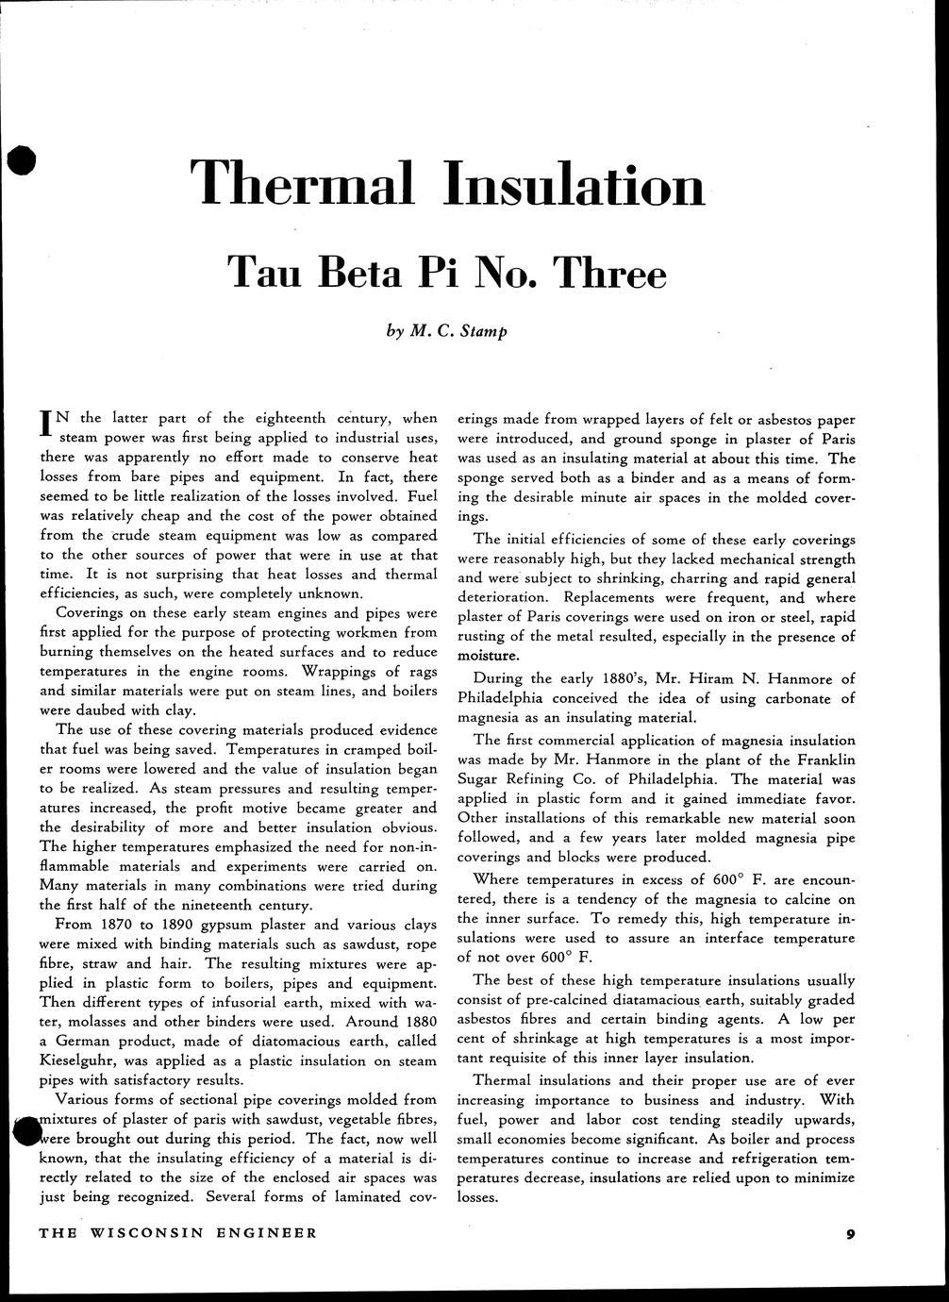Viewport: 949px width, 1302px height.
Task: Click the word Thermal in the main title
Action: tap(302, 184)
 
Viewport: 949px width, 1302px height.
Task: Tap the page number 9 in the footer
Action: tap(850, 1233)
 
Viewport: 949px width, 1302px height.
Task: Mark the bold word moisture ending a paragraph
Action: tap(488, 656)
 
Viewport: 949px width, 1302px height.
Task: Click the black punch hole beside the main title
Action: tap(19, 162)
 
